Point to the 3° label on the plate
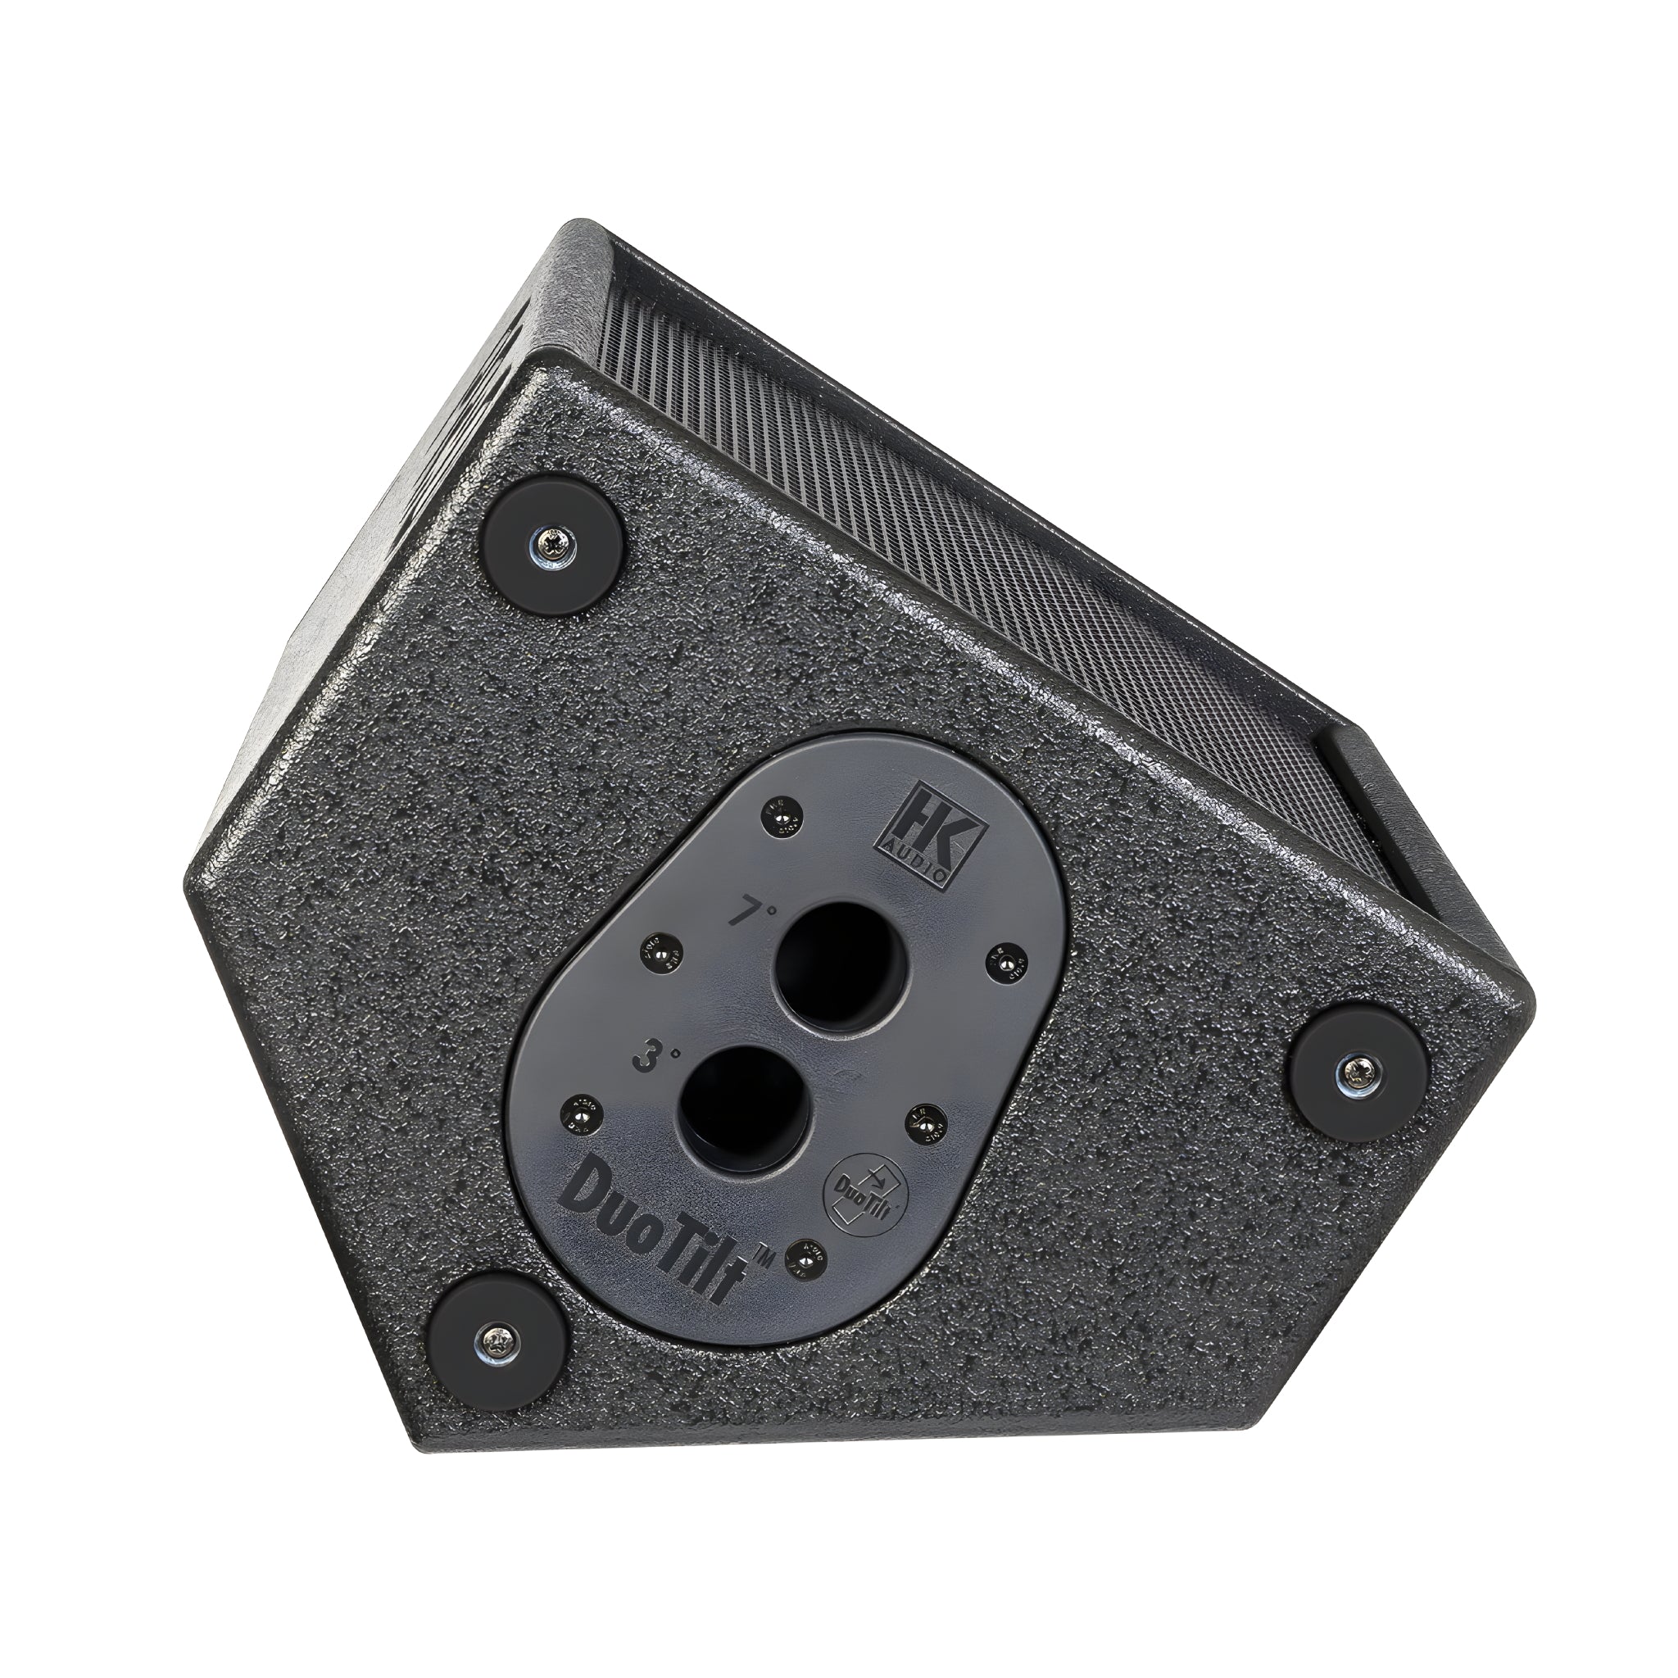[647, 1060]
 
